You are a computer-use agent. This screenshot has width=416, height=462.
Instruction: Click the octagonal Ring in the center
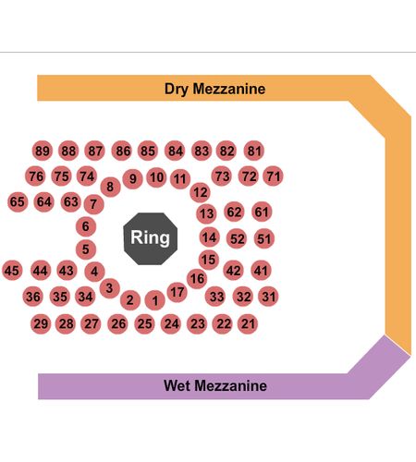click(151, 238)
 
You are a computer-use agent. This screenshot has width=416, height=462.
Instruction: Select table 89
click(43, 151)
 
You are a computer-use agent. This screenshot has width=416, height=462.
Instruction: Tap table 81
click(254, 151)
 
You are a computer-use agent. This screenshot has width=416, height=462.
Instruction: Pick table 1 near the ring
click(154, 300)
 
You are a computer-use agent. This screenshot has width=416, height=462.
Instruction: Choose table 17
click(177, 292)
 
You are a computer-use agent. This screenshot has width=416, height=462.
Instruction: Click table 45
click(12, 271)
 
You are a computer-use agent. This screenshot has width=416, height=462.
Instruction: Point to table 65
click(18, 201)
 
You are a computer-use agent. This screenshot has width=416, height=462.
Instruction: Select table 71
click(273, 176)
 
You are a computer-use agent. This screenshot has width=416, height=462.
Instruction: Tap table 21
click(248, 323)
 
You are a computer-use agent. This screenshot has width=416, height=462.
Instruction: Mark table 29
click(41, 323)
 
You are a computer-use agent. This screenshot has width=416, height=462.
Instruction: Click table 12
click(200, 192)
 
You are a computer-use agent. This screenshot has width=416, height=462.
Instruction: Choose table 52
click(237, 238)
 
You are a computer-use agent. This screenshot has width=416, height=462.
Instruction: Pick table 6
click(86, 226)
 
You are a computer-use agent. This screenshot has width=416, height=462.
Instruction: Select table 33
click(215, 297)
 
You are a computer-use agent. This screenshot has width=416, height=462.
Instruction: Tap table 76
click(35, 176)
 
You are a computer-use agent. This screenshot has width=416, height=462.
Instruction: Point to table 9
click(132, 178)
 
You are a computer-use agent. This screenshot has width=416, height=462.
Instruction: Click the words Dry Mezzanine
click(214, 89)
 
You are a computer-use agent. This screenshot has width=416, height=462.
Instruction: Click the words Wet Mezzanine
click(215, 385)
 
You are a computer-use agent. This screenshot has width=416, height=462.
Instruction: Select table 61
click(262, 212)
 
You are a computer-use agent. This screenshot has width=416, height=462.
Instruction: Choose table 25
click(144, 323)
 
